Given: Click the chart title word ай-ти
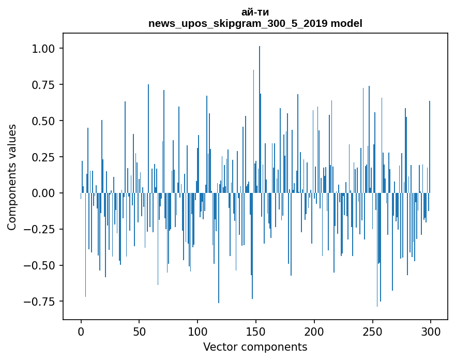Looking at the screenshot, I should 255,12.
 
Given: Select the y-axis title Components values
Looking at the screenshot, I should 12,177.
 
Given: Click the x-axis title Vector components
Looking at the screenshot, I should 255,347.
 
